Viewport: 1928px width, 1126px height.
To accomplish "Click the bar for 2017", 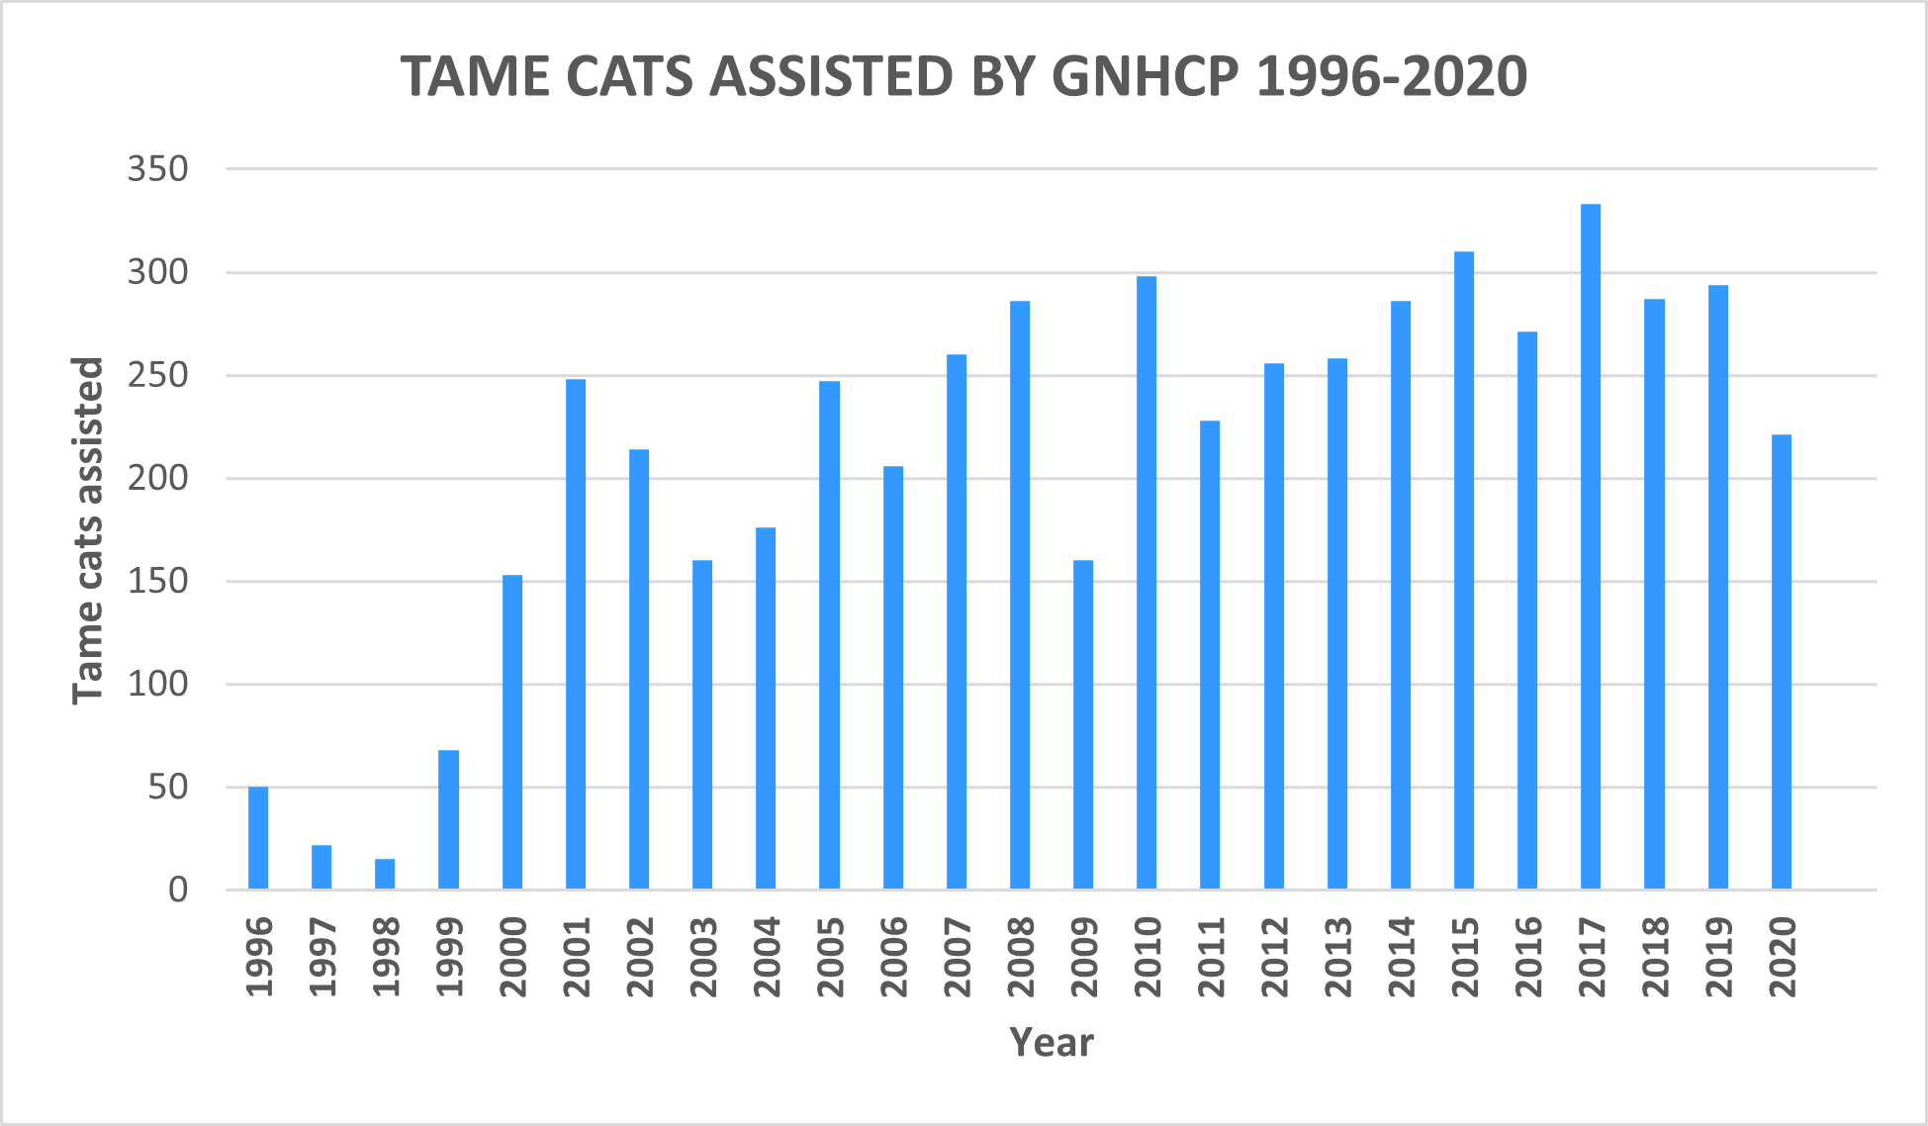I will click(1590, 546).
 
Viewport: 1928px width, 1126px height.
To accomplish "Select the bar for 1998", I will click(385, 874).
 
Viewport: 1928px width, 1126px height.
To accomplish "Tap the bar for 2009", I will click(1082, 724).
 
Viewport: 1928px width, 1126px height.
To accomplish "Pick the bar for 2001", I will click(576, 633).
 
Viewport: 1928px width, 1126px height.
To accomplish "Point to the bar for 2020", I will click(1781, 661).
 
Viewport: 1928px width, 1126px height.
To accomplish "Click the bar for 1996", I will click(258, 837).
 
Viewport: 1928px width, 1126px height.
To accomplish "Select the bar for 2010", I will click(1146, 582).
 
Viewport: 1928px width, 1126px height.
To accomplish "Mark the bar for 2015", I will click(1463, 570).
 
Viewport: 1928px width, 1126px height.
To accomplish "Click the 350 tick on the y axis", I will click(157, 169).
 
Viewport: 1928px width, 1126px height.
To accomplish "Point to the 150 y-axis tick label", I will click(157, 581).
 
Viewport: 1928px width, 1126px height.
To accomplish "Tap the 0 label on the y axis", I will click(177, 890).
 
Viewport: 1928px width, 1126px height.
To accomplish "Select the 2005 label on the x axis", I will click(830, 957).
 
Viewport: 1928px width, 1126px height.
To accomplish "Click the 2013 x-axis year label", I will click(1337, 957).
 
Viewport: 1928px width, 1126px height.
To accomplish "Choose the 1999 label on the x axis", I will click(449, 957).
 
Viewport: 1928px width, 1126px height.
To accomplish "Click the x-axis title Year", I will click(1051, 1042).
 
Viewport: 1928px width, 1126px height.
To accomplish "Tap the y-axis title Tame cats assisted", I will click(88, 530).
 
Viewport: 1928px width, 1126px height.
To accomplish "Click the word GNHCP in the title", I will click(1145, 76).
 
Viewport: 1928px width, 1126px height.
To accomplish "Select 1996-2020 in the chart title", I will click(1392, 76).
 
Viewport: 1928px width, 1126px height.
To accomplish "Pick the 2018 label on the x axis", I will click(1654, 957).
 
